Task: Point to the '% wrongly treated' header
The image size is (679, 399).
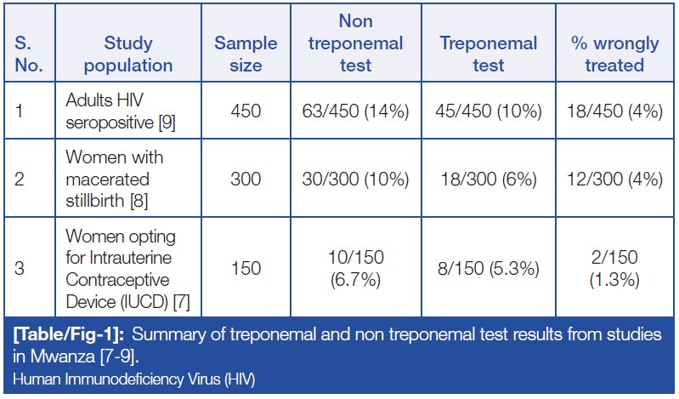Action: coord(614,54)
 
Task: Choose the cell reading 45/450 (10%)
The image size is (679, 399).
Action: coord(489,111)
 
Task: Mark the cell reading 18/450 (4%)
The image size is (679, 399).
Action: coord(614,111)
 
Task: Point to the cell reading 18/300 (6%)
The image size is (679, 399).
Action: coord(489,180)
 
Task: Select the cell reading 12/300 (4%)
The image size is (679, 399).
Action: coord(614,180)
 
